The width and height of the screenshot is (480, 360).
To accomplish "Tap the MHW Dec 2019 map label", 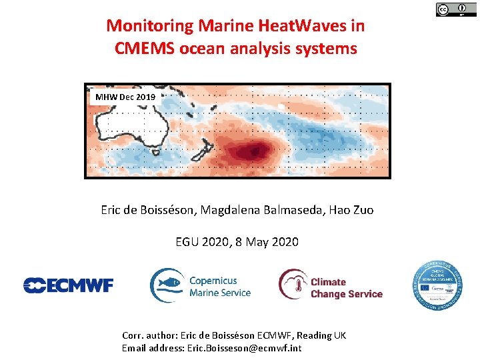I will tap(125, 97).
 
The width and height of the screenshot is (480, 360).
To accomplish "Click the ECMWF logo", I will tap(69, 285).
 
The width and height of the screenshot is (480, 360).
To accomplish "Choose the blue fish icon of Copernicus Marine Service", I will tap(167, 285).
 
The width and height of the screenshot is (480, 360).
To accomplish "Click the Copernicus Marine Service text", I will tap(220, 287).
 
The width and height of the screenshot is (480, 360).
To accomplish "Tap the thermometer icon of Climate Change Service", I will tap(292, 285).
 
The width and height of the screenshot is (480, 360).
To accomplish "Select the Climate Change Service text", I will tap(346, 288).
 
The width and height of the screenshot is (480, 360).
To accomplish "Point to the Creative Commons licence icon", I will tap(443, 9).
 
